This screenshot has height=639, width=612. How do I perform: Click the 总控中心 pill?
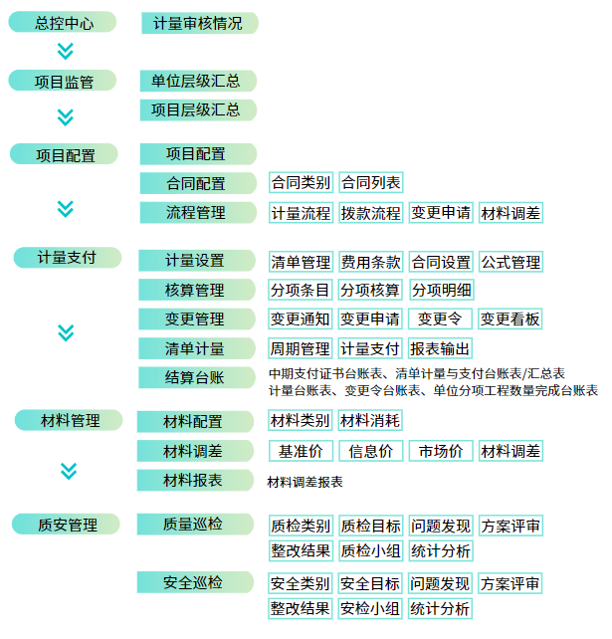[x=63, y=22]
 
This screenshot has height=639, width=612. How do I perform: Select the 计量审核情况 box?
[x=200, y=23]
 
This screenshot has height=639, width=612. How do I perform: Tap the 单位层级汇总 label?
[x=198, y=81]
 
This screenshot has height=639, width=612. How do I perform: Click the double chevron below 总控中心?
[x=66, y=51]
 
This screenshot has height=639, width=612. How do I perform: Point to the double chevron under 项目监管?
[x=66, y=117]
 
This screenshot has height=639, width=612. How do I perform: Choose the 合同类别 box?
[x=301, y=182]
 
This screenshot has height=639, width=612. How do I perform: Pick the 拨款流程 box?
[x=371, y=213]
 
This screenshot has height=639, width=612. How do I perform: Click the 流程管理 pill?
[x=198, y=212]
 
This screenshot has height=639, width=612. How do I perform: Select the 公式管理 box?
[x=510, y=262]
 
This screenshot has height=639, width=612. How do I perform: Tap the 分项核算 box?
[x=370, y=290]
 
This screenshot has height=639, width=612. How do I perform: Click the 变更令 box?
[x=440, y=319]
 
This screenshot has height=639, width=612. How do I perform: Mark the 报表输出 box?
[x=440, y=348]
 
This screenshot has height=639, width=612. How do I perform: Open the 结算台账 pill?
[x=197, y=377]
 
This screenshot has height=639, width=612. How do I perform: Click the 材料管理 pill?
[x=69, y=420]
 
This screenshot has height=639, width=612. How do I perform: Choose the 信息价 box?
[x=371, y=451]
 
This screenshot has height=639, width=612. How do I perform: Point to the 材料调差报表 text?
[x=305, y=482]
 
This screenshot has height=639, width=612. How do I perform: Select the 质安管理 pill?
[x=66, y=525]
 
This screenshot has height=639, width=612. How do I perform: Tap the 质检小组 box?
[x=371, y=550]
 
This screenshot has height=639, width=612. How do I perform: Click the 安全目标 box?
[x=370, y=583]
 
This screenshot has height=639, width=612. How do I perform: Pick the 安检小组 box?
[x=370, y=608]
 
